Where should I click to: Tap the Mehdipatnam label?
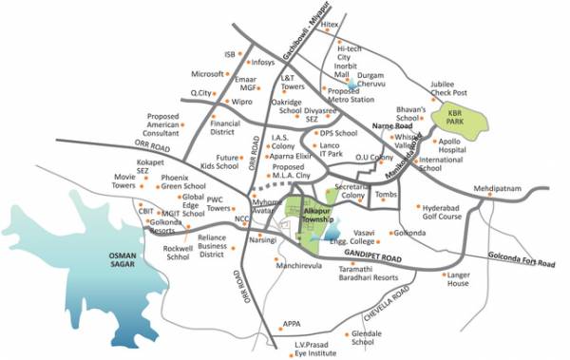click(x=500, y=177)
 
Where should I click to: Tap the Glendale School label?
click(x=368, y=340)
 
